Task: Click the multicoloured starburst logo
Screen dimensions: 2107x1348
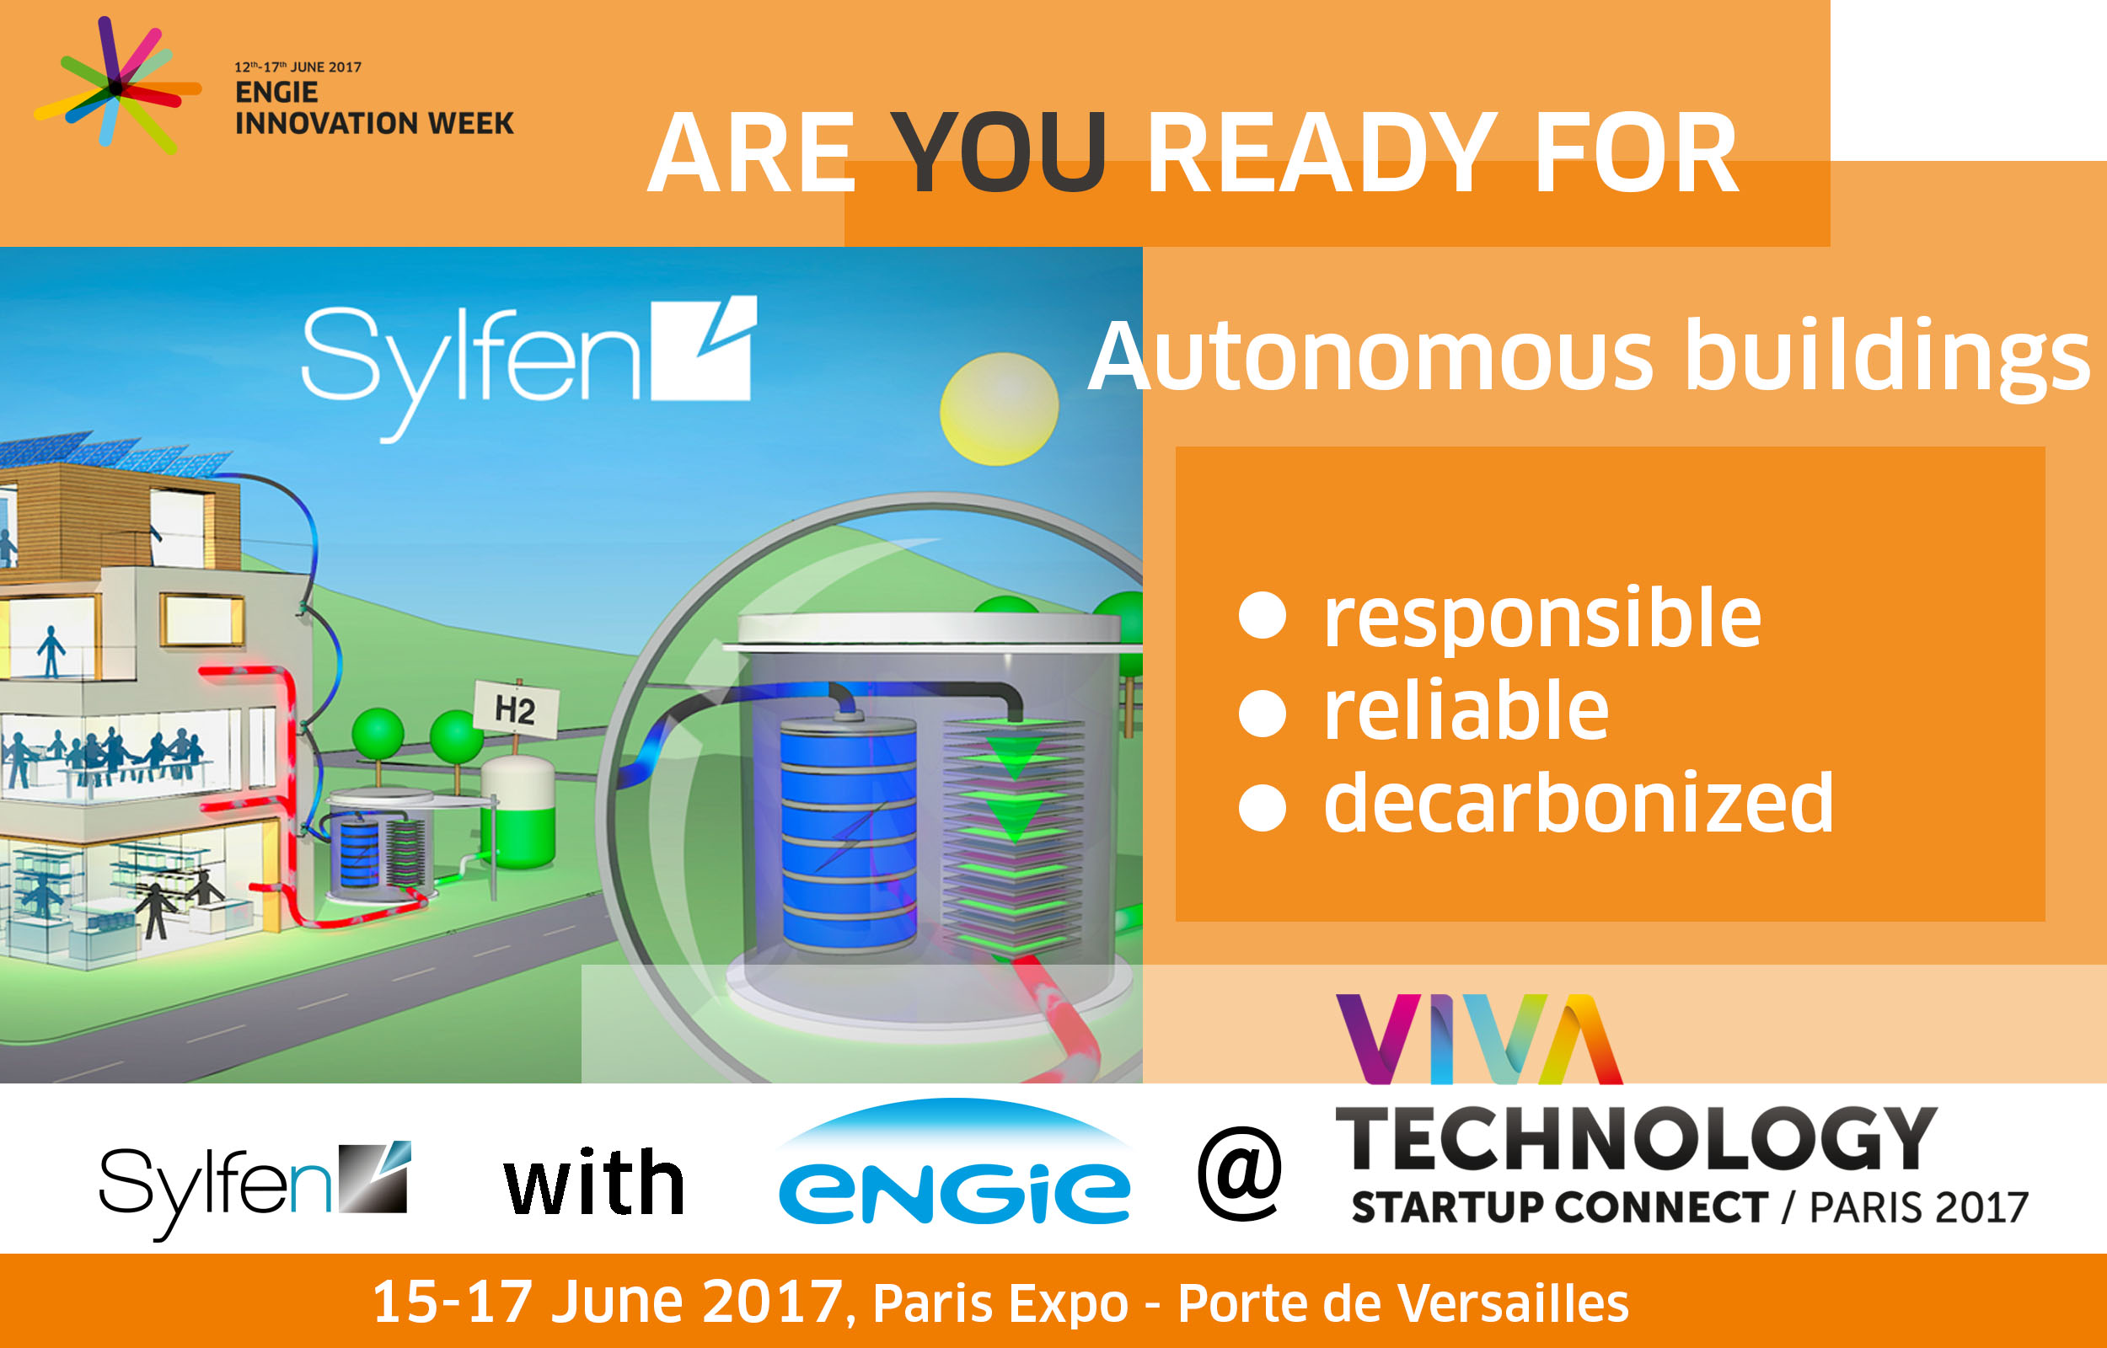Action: tap(117, 86)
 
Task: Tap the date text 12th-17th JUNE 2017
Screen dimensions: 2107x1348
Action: tap(298, 67)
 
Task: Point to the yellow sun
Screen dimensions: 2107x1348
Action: tap(999, 409)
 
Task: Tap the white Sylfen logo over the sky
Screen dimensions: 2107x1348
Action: tap(528, 367)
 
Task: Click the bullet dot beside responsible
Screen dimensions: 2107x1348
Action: tap(1263, 615)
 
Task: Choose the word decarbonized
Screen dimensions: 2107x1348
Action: tap(1579, 802)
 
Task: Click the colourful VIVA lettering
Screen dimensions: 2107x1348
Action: tap(1479, 1039)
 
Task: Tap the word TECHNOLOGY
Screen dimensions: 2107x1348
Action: tap(1635, 1138)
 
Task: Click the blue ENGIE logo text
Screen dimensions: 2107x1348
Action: tap(954, 1192)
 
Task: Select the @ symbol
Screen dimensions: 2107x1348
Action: tap(1240, 1173)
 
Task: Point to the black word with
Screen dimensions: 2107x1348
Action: tap(594, 1183)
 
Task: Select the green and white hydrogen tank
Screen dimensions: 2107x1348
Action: tap(518, 812)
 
